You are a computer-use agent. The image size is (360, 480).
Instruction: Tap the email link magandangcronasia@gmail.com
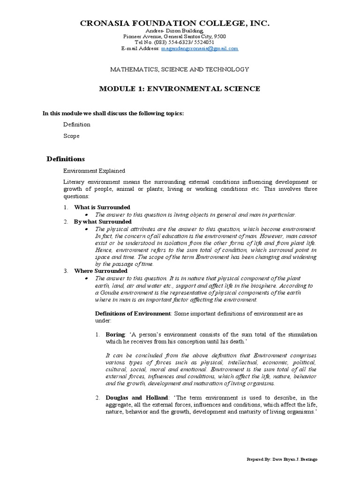click(200, 48)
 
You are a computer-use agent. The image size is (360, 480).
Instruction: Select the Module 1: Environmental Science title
click(180, 89)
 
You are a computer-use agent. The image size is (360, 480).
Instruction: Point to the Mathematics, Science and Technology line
click(180, 69)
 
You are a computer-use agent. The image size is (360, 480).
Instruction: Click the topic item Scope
click(71, 136)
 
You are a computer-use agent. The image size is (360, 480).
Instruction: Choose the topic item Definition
click(77, 125)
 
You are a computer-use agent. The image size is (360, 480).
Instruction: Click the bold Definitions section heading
click(66, 159)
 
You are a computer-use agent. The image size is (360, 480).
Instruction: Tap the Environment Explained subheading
click(94, 171)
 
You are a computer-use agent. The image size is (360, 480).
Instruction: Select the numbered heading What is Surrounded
click(102, 207)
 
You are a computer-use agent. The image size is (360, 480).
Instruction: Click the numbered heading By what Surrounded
click(103, 221)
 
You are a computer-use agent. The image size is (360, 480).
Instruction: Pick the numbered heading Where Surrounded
click(100, 271)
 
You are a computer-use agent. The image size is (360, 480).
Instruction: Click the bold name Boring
click(115, 335)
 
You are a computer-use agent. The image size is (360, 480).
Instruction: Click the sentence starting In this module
click(113, 113)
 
